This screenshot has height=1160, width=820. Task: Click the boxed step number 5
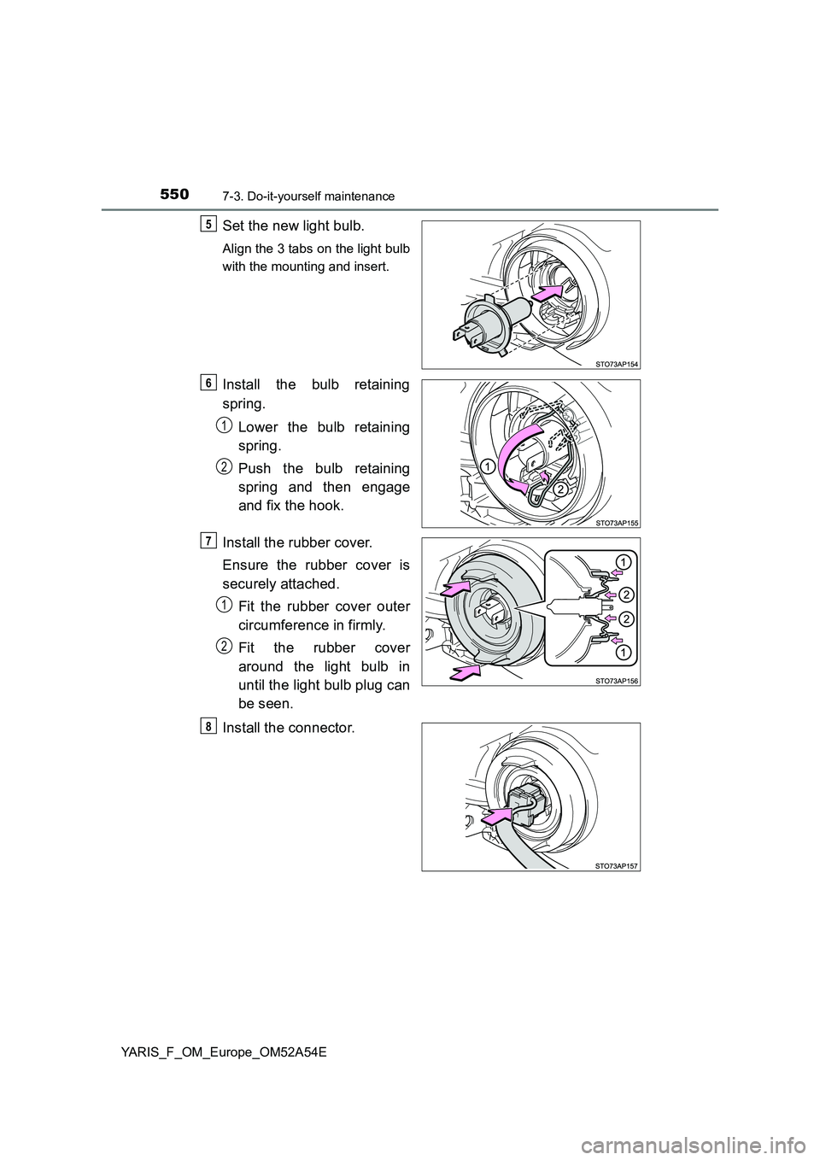coord(209,223)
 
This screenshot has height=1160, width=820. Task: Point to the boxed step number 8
coord(209,726)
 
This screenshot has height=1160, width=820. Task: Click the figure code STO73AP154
coord(617,363)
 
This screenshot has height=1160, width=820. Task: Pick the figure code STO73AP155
coord(617,521)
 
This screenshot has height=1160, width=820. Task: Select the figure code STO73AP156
coord(617,680)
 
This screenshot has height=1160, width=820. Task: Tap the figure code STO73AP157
coord(617,865)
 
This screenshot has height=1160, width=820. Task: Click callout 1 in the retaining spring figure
coord(485,466)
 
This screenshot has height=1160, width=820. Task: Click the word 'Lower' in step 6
coord(260,426)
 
